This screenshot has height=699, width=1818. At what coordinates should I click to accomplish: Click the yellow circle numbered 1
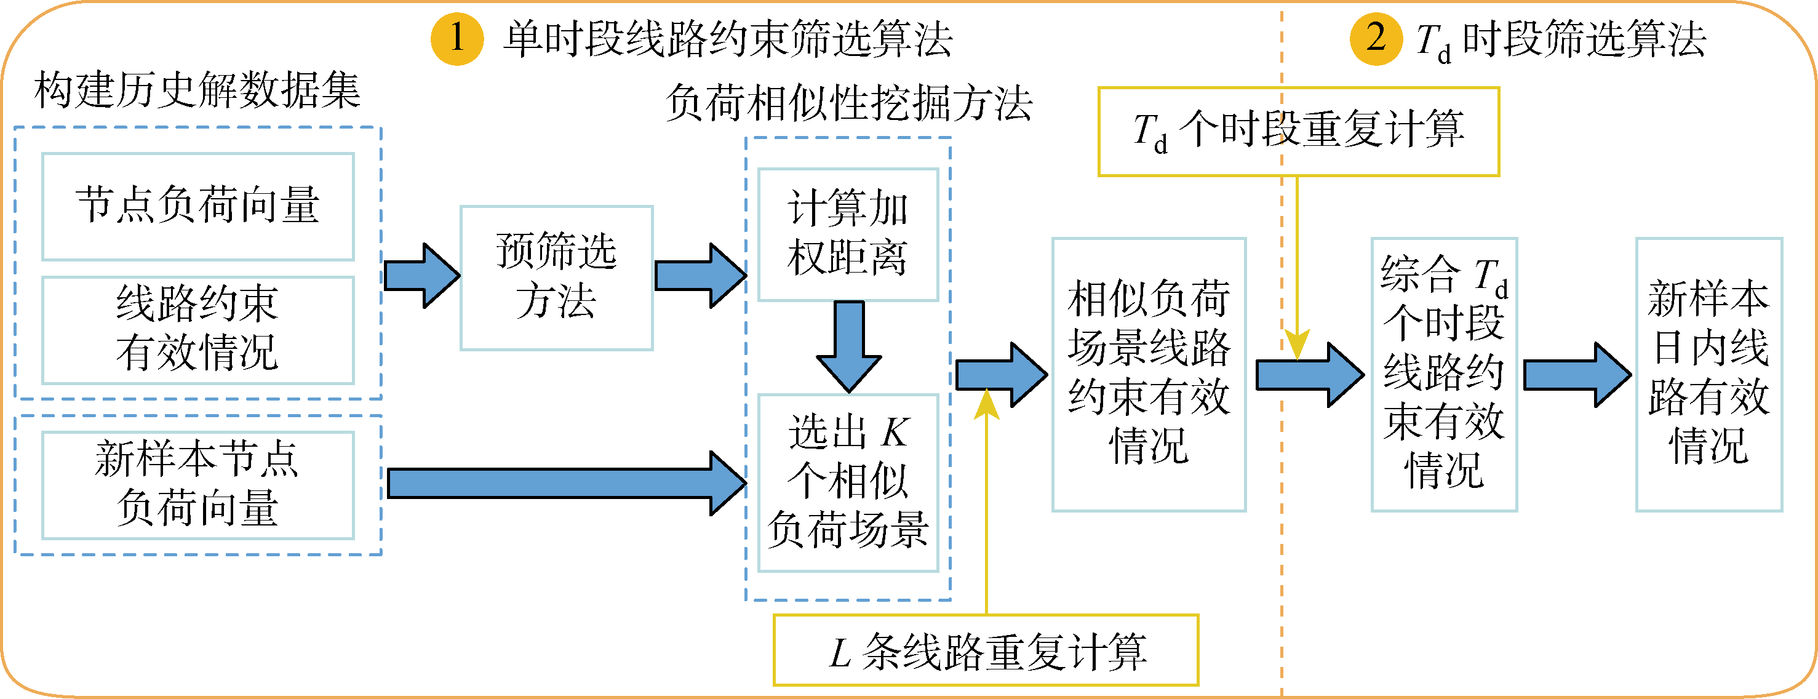(x=456, y=38)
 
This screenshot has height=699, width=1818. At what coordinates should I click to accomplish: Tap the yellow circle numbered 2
(x=1375, y=38)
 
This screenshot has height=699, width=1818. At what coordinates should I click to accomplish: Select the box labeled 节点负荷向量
(x=197, y=206)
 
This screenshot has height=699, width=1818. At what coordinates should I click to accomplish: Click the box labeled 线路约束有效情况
(x=197, y=330)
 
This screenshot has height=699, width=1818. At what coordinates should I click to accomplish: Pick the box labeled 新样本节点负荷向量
(x=197, y=485)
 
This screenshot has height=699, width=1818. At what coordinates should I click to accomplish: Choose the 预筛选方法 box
(x=556, y=278)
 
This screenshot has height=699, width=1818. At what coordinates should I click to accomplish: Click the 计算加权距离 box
(x=848, y=234)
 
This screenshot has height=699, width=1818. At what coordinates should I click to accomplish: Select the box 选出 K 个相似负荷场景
(x=848, y=482)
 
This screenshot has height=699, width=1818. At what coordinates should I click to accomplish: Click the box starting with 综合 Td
(x=1443, y=374)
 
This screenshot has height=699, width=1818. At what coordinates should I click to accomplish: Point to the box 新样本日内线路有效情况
(x=1708, y=374)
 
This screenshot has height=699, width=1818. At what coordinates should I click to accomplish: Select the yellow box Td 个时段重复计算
(x=1298, y=131)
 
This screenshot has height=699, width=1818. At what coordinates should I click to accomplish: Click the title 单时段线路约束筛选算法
(x=728, y=39)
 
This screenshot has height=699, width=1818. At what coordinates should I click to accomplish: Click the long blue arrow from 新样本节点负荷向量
(x=565, y=484)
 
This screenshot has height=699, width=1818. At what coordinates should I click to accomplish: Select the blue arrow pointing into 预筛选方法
(x=421, y=276)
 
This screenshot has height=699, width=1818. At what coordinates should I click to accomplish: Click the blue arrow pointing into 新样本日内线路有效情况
(x=1577, y=375)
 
